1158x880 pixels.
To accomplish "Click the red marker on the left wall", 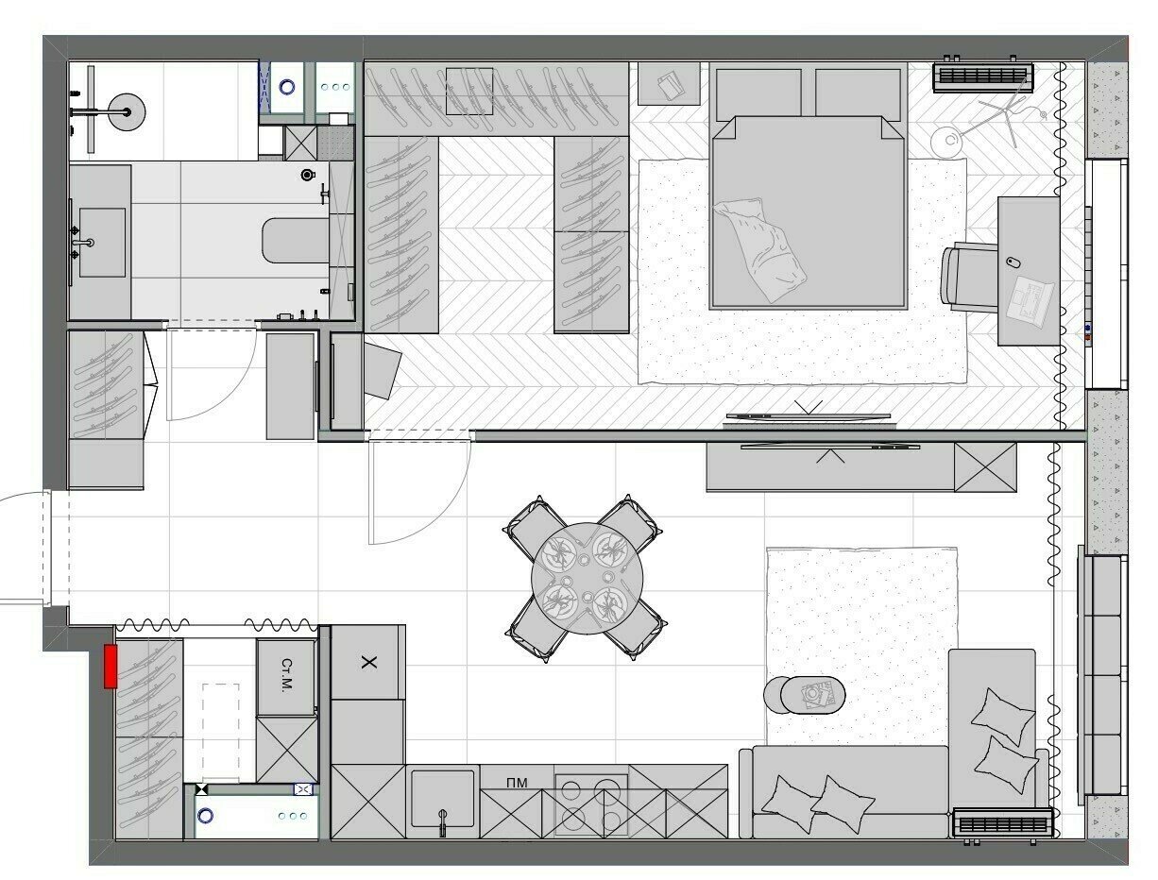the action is [111, 667].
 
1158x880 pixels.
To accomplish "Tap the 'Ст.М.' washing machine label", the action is [286, 675].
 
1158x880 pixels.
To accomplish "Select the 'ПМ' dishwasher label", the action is [517, 783].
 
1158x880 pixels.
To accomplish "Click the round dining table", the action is [587, 579].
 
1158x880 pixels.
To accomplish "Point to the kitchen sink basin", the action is [443, 798].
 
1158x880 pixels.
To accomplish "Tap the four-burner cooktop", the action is [591, 804].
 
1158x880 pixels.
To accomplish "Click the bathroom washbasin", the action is [102, 242].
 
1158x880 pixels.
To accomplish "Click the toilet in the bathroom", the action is [296, 241].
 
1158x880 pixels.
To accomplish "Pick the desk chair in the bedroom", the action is [970, 278].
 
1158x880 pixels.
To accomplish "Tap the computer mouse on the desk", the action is [1012, 262].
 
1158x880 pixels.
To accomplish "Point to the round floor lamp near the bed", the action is [948, 141].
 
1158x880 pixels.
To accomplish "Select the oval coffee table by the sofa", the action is [812, 696].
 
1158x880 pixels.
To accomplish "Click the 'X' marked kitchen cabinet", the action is [368, 663].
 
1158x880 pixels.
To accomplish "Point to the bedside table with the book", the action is [669, 83].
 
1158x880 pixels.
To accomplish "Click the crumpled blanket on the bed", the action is [759, 249].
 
